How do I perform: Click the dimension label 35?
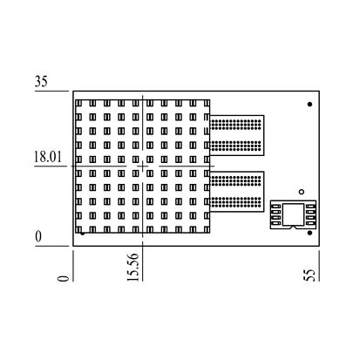pyautogui.click(x=41, y=81)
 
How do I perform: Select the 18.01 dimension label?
pyautogui.click(x=48, y=157)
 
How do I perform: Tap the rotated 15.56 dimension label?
pyautogui.click(x=133, y=267)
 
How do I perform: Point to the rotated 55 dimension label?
pyautogui.click(x=309, y=275)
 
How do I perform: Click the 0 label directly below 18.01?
pyautogui.click(x=38, y=236)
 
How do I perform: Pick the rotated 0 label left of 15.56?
pyautogui.click(x=64, y=278)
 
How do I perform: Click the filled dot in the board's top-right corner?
pyautogui.click(x=309, y=104)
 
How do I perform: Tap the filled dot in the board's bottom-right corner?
pyautogui.click(x=309, y=233)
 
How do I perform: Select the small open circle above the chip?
pyautogui.click(x=302, y=192)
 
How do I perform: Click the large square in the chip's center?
pyautogui.click(x=293, y=214)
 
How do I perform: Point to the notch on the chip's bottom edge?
pyautogui.click(x=293, y=227)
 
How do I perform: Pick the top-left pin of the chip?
pyautogui.click(x=275, y=207)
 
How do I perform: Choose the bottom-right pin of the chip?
pyautogui.click(x=310, y=223)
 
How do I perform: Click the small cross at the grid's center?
pyautogui.click(x=142, y=166)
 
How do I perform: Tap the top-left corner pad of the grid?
pyautogui.click(x=78, y=103)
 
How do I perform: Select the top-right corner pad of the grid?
pyautogui.click(x=207, y=103)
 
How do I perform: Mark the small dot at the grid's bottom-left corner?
pyautogui.click(x=83, y=233)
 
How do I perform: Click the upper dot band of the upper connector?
pyautogui.click(x=235, y=125)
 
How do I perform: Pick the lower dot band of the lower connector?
pyautogui.click(x=235, y=202)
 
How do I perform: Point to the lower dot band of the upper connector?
pyautogui.click(x=235, y=146)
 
